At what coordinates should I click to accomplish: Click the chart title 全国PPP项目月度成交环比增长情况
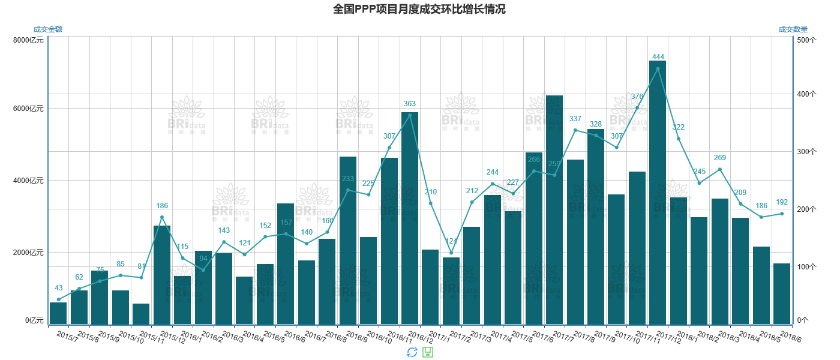click(419, 9)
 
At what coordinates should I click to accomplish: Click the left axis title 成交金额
click(48, 29)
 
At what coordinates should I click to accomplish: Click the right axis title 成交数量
click(793, 29)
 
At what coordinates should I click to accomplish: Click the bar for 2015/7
click(58, 313)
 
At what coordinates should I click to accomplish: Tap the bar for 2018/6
click(782, 294)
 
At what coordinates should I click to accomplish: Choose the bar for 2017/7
click(554, 210)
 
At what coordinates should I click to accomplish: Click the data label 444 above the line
click(658, 57)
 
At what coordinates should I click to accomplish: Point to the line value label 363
click(410, 104)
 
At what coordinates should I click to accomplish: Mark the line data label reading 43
click(59, 288)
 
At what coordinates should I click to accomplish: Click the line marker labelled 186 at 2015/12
click(162, 217)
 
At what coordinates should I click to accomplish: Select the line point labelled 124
click(451, 253)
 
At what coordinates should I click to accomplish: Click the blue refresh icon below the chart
click(412, 352)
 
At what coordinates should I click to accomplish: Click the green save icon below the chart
click(428, 352)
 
